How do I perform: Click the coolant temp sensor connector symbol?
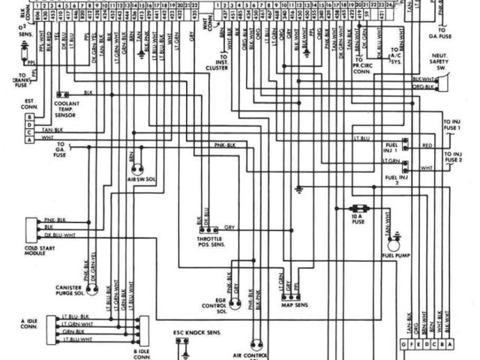pos(62,94)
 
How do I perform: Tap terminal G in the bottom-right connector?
pos(404,343)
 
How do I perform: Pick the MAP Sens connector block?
pos(290,293)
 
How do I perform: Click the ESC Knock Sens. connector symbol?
pos(182,343)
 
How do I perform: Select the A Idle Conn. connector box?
pos(50,329)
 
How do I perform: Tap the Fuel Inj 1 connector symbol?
pos(405,143)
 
